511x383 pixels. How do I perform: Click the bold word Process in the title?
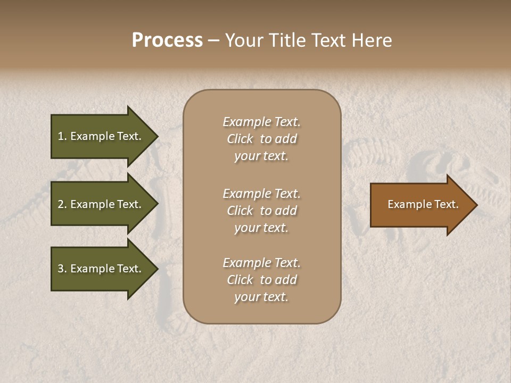click(x=167, y=40)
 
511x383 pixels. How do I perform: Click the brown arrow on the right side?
click(x=421, y=205)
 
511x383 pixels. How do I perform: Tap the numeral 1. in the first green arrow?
click(x=62, y=136)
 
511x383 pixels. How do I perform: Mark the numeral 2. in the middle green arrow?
click(x=62, y=204)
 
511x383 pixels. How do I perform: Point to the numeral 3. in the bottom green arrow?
click(x=62, y=269)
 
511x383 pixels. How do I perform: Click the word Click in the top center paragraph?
click(x=240, y=139)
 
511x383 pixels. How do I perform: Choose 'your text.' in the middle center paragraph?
click(x=261, y=228)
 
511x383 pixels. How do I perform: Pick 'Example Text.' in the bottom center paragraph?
click(x=261, y=263)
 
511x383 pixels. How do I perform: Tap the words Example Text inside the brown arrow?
click(x=423, y=204)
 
